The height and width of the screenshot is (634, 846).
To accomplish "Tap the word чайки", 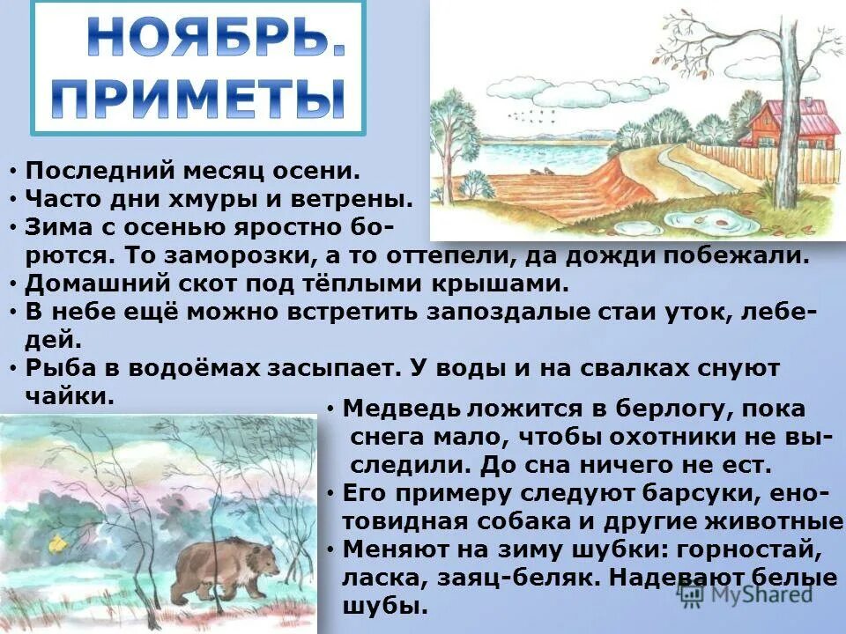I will [70, 395].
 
